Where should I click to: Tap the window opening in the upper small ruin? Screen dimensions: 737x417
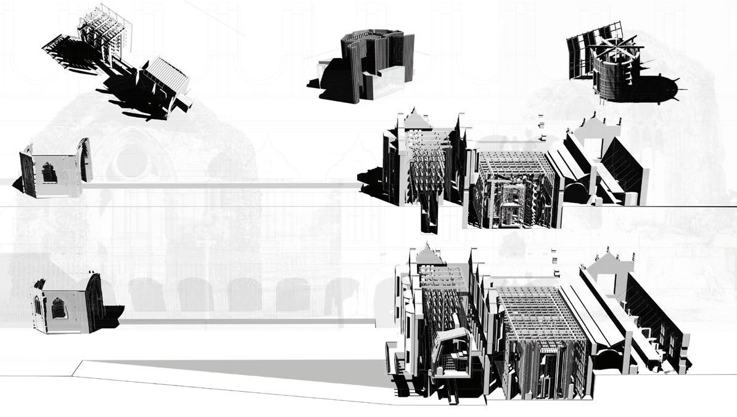point(49,175)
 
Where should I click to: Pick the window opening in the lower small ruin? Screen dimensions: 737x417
point(59,308)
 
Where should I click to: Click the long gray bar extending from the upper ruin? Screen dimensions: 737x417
point(222,184)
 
